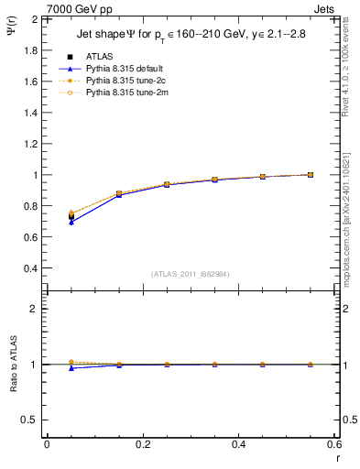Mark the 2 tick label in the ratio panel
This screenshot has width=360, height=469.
pos(34,309)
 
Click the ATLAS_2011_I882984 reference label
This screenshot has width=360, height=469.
pos(191,275)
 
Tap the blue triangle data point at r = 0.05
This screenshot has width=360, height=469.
pos(71,223)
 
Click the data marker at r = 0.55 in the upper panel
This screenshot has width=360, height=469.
pos(311,175)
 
